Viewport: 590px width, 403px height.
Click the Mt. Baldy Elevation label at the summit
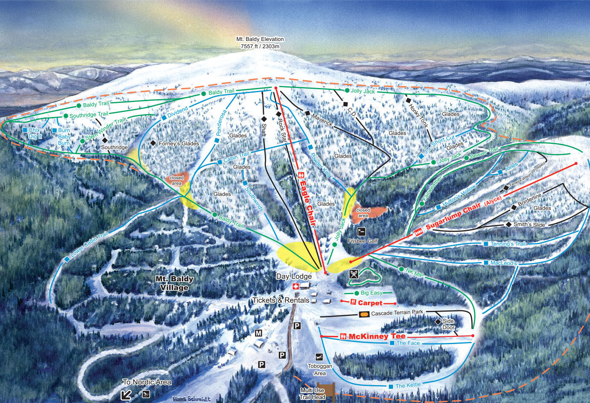point(260,42)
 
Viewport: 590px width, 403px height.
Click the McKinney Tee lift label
point(377,336)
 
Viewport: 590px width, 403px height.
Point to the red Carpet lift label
point(370,303)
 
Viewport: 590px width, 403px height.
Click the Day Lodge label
point(294,276)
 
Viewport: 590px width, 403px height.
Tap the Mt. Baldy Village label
point(174,283)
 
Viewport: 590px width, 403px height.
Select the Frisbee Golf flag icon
point(361,232)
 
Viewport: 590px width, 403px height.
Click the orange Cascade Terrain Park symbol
point(364,314)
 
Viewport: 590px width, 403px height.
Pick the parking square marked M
point(258,333)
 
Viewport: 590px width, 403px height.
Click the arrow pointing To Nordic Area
point(126,394)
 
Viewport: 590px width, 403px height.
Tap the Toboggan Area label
point(320,370)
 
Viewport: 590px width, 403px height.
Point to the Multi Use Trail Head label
point(312,394)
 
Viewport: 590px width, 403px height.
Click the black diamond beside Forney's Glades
point(153,143)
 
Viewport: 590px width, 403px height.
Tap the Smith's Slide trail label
point(529,224)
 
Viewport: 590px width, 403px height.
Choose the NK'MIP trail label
point(414,273)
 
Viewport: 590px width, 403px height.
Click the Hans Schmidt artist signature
point(192,399)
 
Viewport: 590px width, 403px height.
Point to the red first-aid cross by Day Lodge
point(295,286)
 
